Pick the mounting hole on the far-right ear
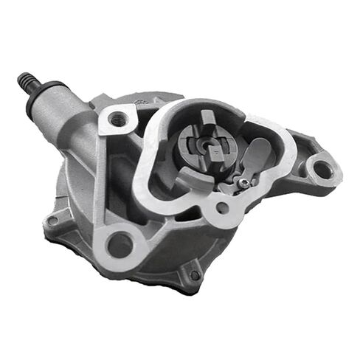(x=322, y=170)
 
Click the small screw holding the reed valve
(x=243, y=181)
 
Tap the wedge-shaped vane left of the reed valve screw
(x=221, y=180)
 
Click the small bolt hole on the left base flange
(x=52, y=220)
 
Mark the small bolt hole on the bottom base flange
(x=194, y=274)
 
